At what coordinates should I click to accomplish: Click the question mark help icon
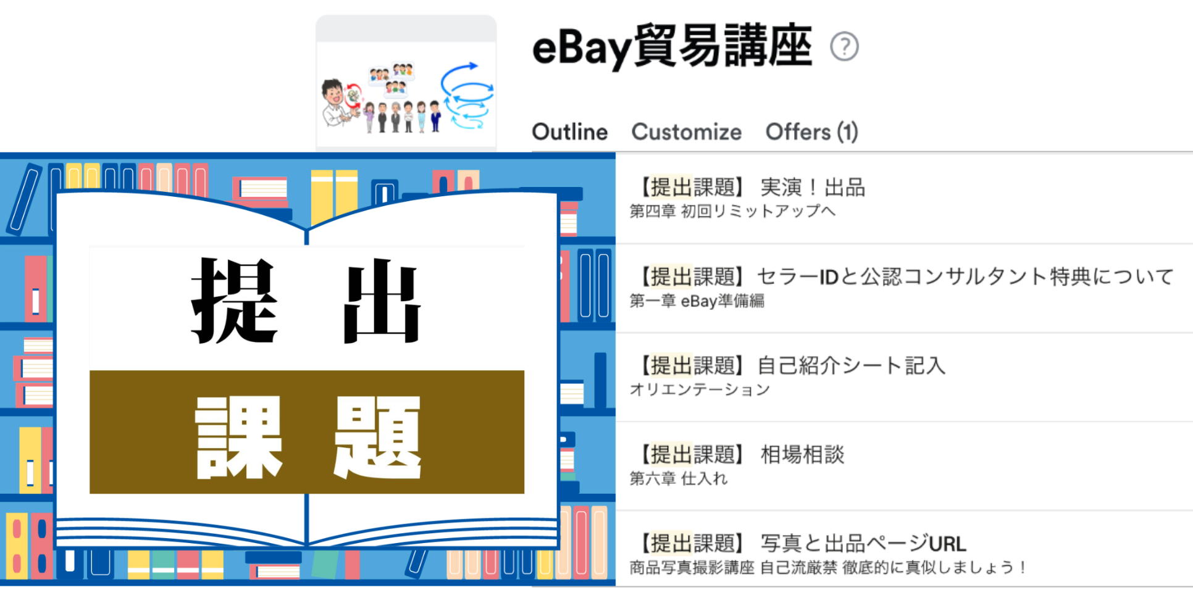point(844,47)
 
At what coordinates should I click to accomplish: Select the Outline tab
point(569,132)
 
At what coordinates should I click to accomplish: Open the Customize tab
point(686,132)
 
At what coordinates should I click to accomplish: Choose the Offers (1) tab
point(811,132)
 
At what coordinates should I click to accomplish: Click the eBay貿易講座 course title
point(672,46)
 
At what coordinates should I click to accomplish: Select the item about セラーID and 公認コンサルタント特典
point(905,276)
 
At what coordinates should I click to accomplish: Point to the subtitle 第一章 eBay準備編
point(697,301)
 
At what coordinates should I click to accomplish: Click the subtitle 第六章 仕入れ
point(678,479)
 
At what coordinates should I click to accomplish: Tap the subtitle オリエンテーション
point(700,390)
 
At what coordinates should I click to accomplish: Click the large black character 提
point(235,301)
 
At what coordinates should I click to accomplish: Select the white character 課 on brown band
point(238,437)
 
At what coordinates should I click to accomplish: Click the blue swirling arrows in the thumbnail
point(467,96)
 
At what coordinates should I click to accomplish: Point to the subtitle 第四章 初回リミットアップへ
point(732,212)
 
